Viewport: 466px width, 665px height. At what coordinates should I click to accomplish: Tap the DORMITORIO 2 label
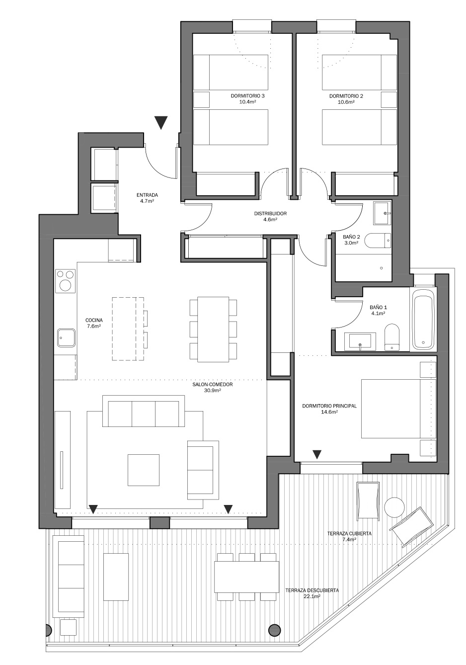pyautogui.click(x=346, y=96)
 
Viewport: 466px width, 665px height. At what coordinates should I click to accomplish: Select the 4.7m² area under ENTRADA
pyautogui.click(x=147, y=201)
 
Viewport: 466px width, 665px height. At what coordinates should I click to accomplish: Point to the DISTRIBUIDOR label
pyautogui.click(x=270, y=213)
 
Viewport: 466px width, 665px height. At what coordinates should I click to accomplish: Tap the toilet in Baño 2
pyautogui.click(x=378, y=240)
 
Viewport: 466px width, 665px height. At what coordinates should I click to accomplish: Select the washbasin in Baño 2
pyautogui.click(x=383, y=213)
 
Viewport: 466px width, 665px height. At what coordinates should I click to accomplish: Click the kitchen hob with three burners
pyautogui.click(x=66, y=281)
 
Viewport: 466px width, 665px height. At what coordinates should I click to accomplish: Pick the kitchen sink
pyautogui.click(x=66, y=337)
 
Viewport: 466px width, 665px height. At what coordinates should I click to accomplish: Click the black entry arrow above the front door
pyautogui.click(x=161, y=123)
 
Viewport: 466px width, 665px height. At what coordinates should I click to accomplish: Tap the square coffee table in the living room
pyautogui.click(x=144, y=470)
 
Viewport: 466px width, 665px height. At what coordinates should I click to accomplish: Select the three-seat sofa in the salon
pyautogui.click(x=144, y=411)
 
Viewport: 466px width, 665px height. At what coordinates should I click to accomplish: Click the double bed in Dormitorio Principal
pyautogui.click(x=398, y=409)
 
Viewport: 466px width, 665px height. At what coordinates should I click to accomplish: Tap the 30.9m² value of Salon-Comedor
pyautogui.click(x=212, y=390)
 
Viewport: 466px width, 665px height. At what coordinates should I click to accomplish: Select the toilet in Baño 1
pyautogui.click(x=392, y=337)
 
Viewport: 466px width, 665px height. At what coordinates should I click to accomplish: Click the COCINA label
pyautogui.click(x=94, y=320)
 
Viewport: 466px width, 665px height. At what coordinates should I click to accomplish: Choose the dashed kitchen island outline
pyautogui.click(x=128, y=329)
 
